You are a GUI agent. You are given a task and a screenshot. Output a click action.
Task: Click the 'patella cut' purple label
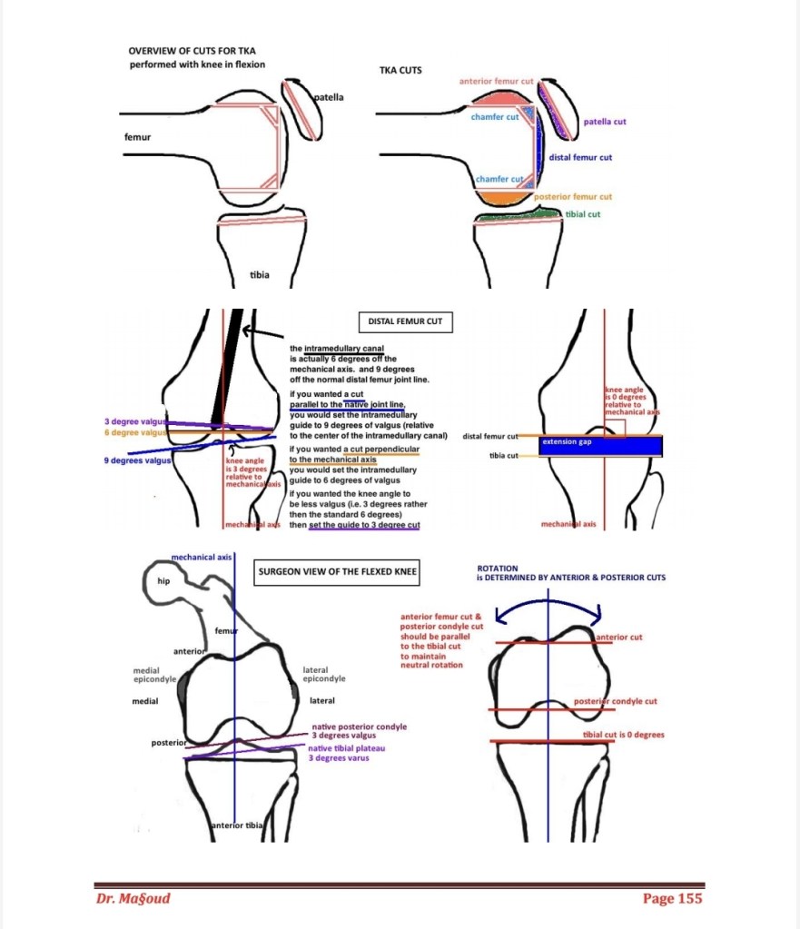tap(604, 121)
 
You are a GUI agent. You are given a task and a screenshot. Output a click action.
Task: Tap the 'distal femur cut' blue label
tap(580, 157)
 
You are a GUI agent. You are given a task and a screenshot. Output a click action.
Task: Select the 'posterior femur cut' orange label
tap(572, 196)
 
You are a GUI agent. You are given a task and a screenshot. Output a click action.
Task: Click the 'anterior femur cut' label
tap(496, 82)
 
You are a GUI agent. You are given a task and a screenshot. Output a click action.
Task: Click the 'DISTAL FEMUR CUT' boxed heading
tap(405, 321)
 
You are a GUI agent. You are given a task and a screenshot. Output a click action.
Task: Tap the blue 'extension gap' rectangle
tap(599, 445)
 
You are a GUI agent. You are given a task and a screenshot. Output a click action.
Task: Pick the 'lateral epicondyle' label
tap(323, 675)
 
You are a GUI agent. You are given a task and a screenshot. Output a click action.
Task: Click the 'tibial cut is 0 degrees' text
tap(624, 734)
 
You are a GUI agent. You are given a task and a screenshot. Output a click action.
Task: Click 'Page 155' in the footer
tap(672, 898)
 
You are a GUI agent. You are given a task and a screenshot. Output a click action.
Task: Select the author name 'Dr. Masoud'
tap(133, 898)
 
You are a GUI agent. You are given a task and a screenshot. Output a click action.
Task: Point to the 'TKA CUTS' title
tap(400, 70)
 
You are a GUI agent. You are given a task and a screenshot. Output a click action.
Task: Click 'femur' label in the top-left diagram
tap(138, 137)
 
